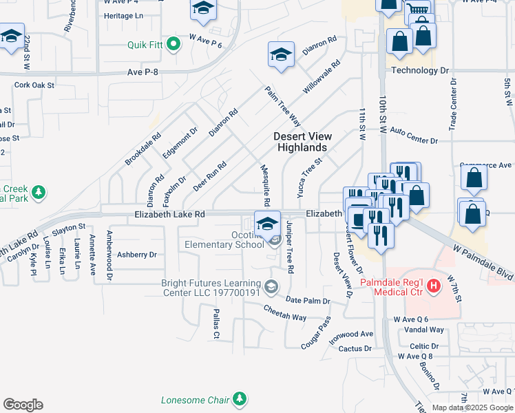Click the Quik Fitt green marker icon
click(174, 45)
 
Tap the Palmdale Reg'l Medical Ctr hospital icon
click(434, 286)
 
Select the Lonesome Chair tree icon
click(239, 399)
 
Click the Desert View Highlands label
click(301, 142)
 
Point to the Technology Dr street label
click(419, 70)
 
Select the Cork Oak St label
click(34, 85)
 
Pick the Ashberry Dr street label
click(137, 255)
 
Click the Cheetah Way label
click(285, 313)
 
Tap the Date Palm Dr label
click(308, 301)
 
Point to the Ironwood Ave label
click(351, 335)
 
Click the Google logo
click(23, 405)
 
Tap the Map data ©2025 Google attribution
click(472, 407)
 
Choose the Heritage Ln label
click(121, 16)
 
